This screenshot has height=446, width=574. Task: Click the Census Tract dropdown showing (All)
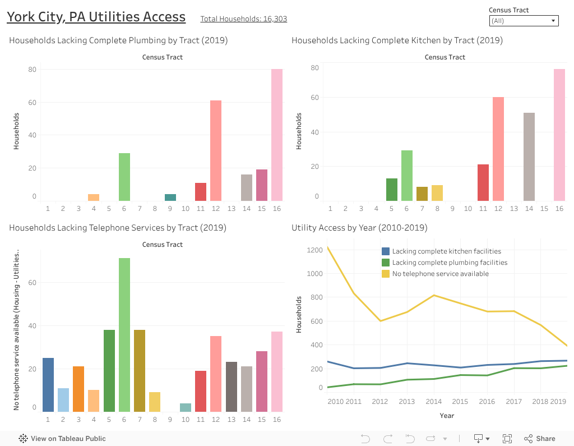[x=524, y=21]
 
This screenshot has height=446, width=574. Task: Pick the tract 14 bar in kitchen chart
[x=529, y=157]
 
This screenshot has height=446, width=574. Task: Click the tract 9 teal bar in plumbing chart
[x=170, y=197]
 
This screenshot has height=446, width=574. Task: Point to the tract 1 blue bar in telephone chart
[x=48, y=384]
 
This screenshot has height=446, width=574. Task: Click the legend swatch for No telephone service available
[x=386, y=274]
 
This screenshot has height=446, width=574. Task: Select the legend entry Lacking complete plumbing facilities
[x=450, y=263]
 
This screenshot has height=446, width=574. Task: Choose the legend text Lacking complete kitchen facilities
[x=446, y=251]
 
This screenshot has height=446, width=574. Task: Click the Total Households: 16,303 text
[x=244, y=19]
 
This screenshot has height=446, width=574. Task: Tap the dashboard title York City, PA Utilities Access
[x=96, y=17]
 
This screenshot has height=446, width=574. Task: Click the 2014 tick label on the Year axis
[x=433, y=402]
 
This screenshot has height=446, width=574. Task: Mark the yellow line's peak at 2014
[x=433, y=295]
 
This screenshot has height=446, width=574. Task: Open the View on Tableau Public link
[x=62, y=439]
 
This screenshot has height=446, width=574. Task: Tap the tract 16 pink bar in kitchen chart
[x=559, y=135]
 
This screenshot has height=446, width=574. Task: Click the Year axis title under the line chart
[x=447, y=416]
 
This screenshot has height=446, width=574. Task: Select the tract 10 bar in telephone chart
[x=186, y=407]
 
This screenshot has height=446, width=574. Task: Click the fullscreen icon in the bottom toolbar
[x=507, y=439]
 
